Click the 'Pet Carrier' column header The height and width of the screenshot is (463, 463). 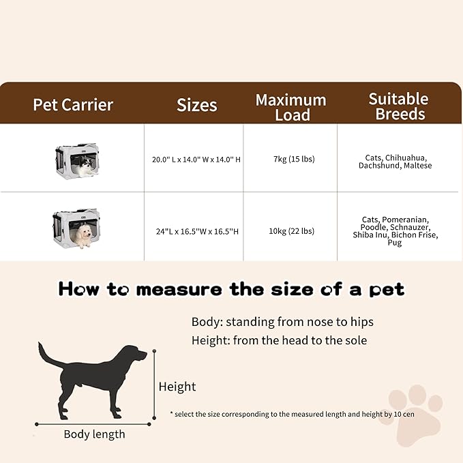[73, 105]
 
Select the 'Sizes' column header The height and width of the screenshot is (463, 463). [196, 105]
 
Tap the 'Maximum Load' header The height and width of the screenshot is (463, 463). [290, 107]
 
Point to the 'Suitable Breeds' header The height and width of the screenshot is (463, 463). [399, 106]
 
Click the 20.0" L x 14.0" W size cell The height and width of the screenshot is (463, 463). [196, 160]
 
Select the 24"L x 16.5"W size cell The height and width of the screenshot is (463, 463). [197, 231]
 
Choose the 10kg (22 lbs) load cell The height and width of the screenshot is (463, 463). [291, 231]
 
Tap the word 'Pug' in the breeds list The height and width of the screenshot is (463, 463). [395, 243]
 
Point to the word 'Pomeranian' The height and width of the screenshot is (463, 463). [405, 220]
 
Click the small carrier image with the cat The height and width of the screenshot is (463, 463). [75, 160]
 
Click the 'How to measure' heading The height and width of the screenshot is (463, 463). [231, 289]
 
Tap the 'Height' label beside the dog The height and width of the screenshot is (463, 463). [177, 387]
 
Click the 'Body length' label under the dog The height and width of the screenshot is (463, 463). [94, 434]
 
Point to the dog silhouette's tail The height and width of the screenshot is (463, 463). [48, 355]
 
